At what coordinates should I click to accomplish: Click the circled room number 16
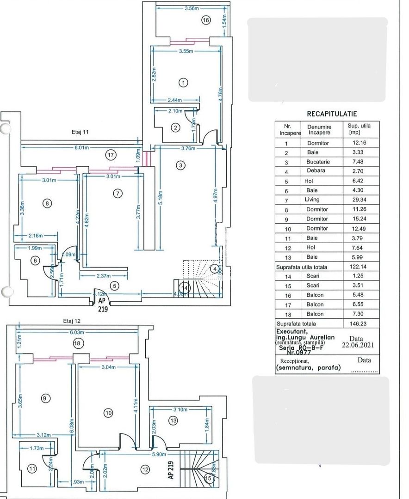pos(206,20)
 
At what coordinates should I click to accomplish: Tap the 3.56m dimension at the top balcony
pos(192,8)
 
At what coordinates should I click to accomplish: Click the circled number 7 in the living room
pos(118,193)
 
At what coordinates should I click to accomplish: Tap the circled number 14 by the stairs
pos(185,288)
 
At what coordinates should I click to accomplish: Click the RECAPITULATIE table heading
pos(332,114)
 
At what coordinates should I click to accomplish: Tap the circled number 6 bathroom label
pos(34,261)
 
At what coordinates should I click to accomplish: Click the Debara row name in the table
pos(316,170)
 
